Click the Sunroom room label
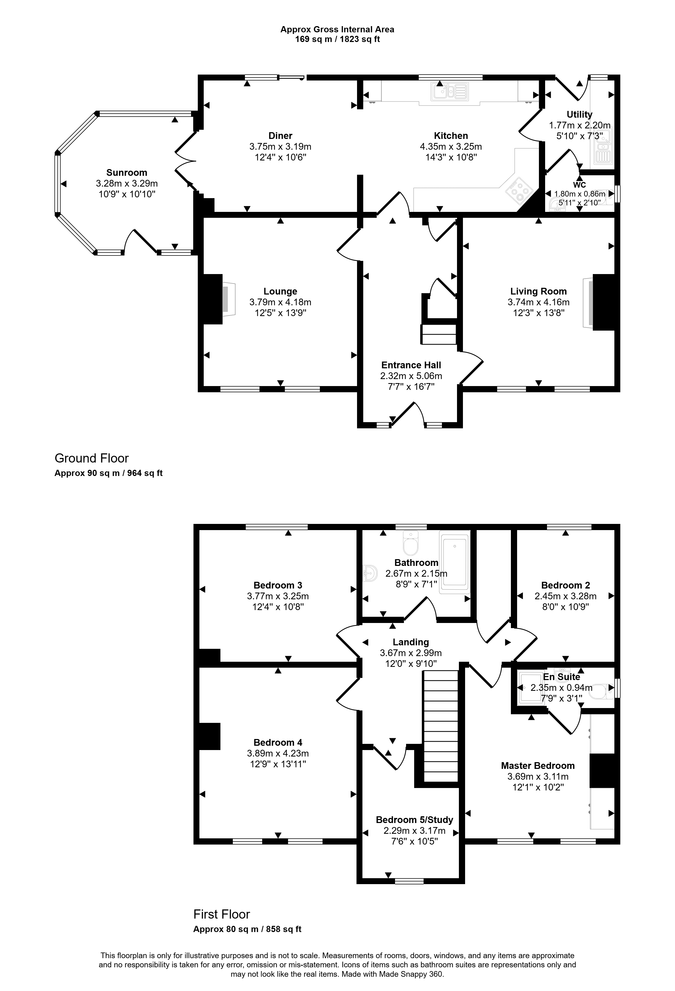tap(127, 173)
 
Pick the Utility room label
tap(579, 114)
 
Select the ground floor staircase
tap(439, 334)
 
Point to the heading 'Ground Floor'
tap(92, 458)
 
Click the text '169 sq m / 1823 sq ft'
tap(337, 40)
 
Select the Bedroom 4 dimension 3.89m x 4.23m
tap(278, 754)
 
